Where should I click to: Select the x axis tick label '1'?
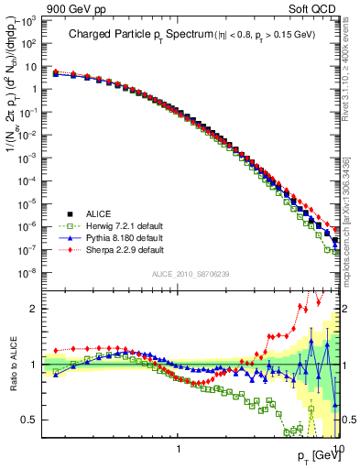coord(179,450)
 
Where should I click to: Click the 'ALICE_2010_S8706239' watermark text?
coord(191,274)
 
